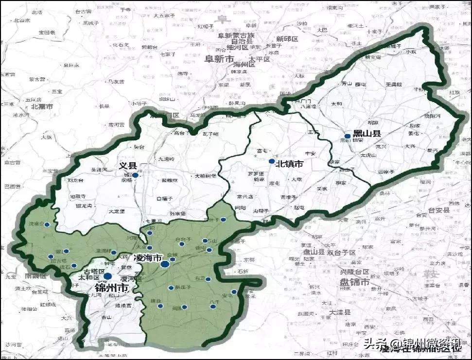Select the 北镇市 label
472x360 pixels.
pyautogui.click(x=290, y=164)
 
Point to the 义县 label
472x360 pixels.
pyautogui.click(x=126, y=166)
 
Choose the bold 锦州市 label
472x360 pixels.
pyautogui.click(x=111, y=288)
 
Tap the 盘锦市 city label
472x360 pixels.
pyautogui.click(x=354, y=282)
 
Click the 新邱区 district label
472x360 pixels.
pyautogui.click(x=287, y=39)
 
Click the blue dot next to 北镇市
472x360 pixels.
pyautogui.click(x=271, y=161)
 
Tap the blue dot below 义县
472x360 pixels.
pyautogui.click(x=135, y=176)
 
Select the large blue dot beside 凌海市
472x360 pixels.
pyautogui.click(x=165, y=264)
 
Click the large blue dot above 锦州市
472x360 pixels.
pyautogui.click(x=107, y=276)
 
